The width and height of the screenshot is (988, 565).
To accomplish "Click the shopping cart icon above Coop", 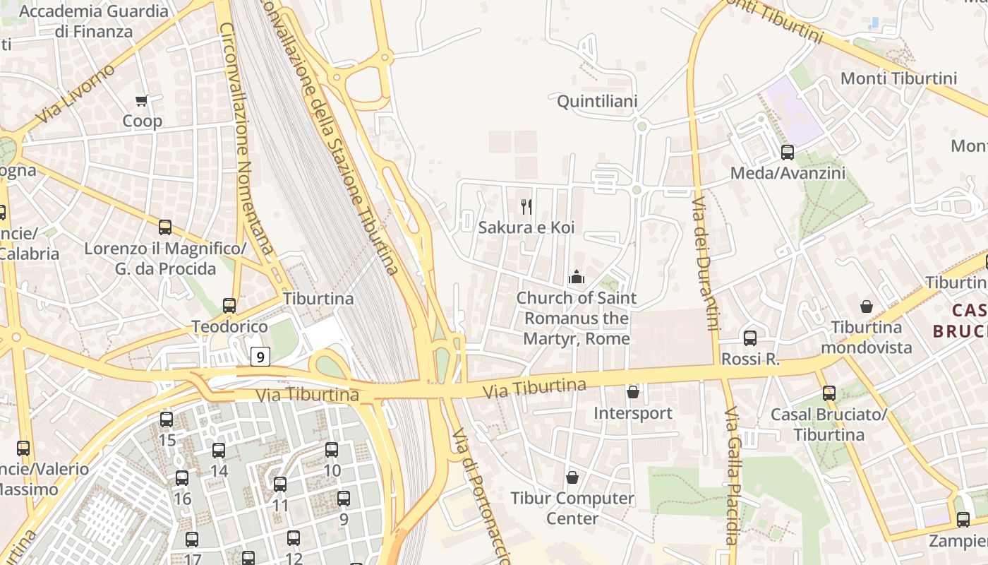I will [x=142, y=100].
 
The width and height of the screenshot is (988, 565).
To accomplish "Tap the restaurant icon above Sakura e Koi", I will [x=526, y=206].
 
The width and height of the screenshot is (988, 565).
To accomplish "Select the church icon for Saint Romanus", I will [x=577, y=278].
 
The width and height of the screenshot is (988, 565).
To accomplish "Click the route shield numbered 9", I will [x=260, y=357].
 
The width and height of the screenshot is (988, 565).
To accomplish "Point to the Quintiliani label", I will [x=597, y=102].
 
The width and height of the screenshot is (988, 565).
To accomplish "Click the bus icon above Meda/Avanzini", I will [x=787, y=152].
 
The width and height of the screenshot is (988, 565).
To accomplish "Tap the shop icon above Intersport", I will [x=633, y=392].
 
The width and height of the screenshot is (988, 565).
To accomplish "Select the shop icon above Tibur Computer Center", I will [x=572, y=478].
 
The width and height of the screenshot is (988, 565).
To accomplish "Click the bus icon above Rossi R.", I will [x=749, y=338].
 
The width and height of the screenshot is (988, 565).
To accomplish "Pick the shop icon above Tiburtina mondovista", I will [x=866, y=307].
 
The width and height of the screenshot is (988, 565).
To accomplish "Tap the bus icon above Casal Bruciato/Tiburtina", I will [x=829, y=393].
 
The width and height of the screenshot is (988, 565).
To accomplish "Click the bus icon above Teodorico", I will [x=229, y=306].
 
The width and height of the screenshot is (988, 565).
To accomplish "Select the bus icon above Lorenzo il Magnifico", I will [x=165, y=227].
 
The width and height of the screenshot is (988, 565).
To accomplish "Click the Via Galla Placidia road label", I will [x=732, y=473].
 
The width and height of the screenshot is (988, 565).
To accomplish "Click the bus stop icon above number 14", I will [x=219, y=450].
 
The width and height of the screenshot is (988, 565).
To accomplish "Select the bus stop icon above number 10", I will [x=331, y=449].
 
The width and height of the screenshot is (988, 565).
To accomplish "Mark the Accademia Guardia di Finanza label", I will [x=93, y=21].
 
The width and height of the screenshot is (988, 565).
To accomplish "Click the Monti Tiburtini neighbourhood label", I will [x=898, y=78].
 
